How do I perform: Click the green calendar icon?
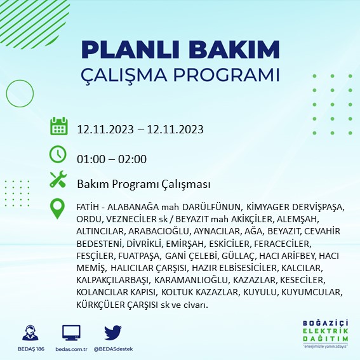pyautogui.click(x=58, y=127)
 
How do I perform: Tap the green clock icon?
pyautogui.click(x=58, y=155)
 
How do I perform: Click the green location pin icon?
pyautogui.click(x=58, y=209)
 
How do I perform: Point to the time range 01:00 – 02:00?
pyautogui.click(x=112, y=159)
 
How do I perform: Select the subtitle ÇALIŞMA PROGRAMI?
pyautogui.click(x=180, y=74)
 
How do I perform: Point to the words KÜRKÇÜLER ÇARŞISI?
pyautogui.click(x=121, y=305)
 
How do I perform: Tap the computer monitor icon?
pyautogui.click(x=71, y=333)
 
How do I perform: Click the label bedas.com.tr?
pyautogui.click(x=71, y=349)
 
